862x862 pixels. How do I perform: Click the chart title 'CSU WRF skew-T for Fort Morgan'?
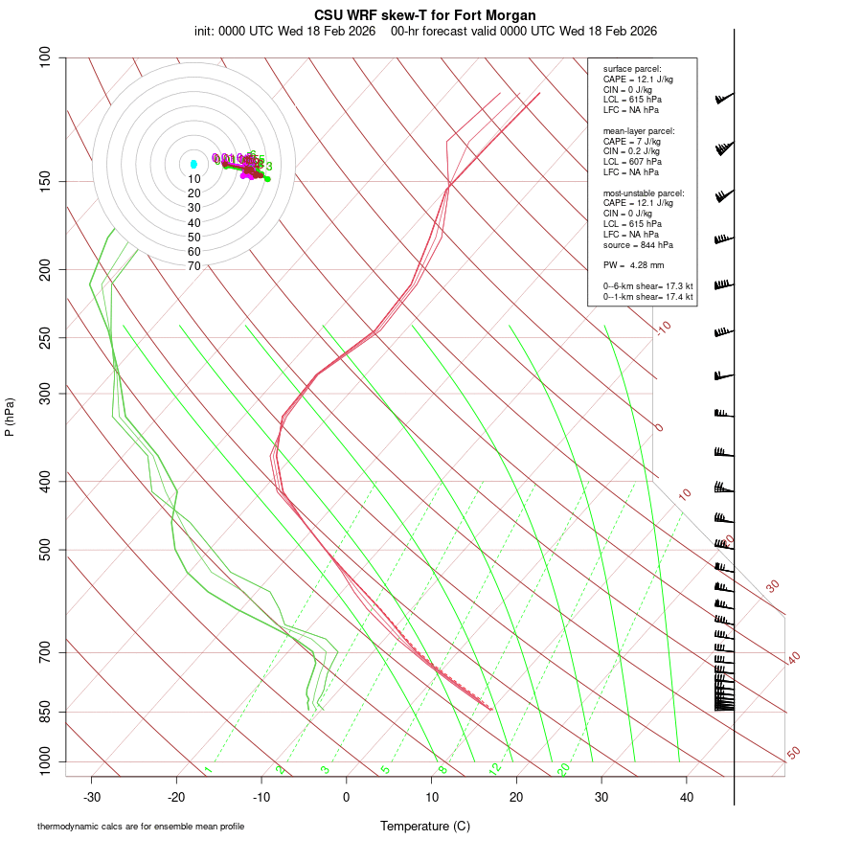click(425, 15)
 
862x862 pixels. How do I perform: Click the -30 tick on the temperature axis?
click(92, 797)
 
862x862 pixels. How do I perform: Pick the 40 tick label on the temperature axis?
click(687, 797)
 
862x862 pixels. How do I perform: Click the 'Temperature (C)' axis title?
click(425, 826)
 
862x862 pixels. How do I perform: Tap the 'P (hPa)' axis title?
click(10, 417)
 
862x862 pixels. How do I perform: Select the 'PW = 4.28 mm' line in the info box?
click(633, 265)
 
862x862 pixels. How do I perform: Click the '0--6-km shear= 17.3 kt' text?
click(647, 286)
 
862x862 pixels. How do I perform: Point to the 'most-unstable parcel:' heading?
click(643, 193)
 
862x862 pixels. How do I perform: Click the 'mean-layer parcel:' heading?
click(638, 130)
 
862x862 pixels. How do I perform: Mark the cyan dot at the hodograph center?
click(193, 165)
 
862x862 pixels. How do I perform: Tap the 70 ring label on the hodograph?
click(194, 266)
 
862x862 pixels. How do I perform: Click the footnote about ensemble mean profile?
click(147, 826)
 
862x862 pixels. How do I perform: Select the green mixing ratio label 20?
click(564, 769)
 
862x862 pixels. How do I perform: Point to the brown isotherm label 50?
click(793, 754)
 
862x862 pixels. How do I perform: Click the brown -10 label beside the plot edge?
click(663, 329)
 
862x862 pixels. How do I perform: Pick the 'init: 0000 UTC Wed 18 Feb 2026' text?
click(286, 31)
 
